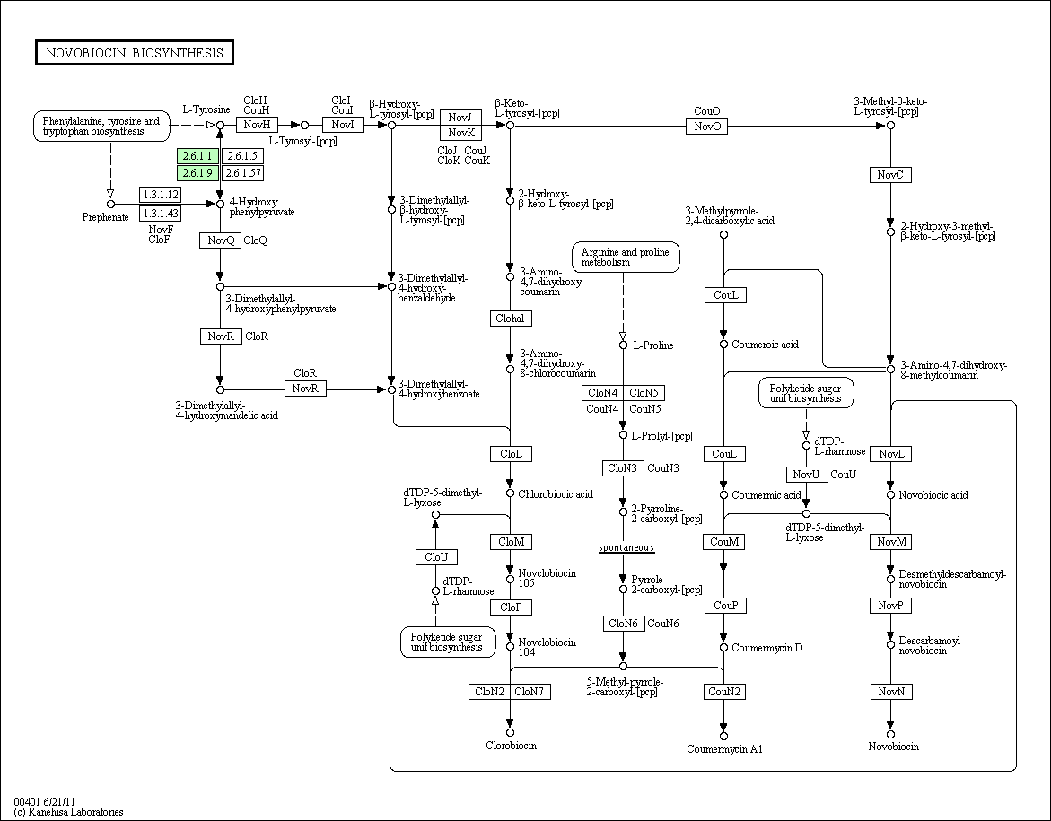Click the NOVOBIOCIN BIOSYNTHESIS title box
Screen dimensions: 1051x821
(x=134, y=53)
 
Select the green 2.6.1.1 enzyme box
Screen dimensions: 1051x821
(x=197, y=156)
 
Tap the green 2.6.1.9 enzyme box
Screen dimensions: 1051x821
(x=197, y=173)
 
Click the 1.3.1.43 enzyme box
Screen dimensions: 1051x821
(x=160, y=214)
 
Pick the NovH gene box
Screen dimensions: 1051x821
(x=257, y=125)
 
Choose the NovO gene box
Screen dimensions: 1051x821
(x=706, y=126)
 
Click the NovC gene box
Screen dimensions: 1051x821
(x=890, y=175)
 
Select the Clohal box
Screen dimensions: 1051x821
(x=511, y=319)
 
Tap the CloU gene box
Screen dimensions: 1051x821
(x=436, y=557)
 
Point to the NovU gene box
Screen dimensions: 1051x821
(x=806, y=475)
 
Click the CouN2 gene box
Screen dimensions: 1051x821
(x=724, y=692)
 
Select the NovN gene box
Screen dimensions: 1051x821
(x=891, y=692)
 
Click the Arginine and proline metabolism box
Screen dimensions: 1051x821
(x=626, y=258)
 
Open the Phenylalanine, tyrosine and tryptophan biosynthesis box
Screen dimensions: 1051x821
(x=101, y=126)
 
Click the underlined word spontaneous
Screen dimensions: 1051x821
(x=626, y=547)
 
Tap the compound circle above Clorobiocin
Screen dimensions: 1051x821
(x=510, y=732)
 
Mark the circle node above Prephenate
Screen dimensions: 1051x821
(x=110, y=204)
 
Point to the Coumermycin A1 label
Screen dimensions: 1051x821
(x=724, y=749)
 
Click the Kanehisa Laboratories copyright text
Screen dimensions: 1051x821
(x=68, y=812)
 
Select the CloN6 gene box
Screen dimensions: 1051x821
(x=624, y=624)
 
